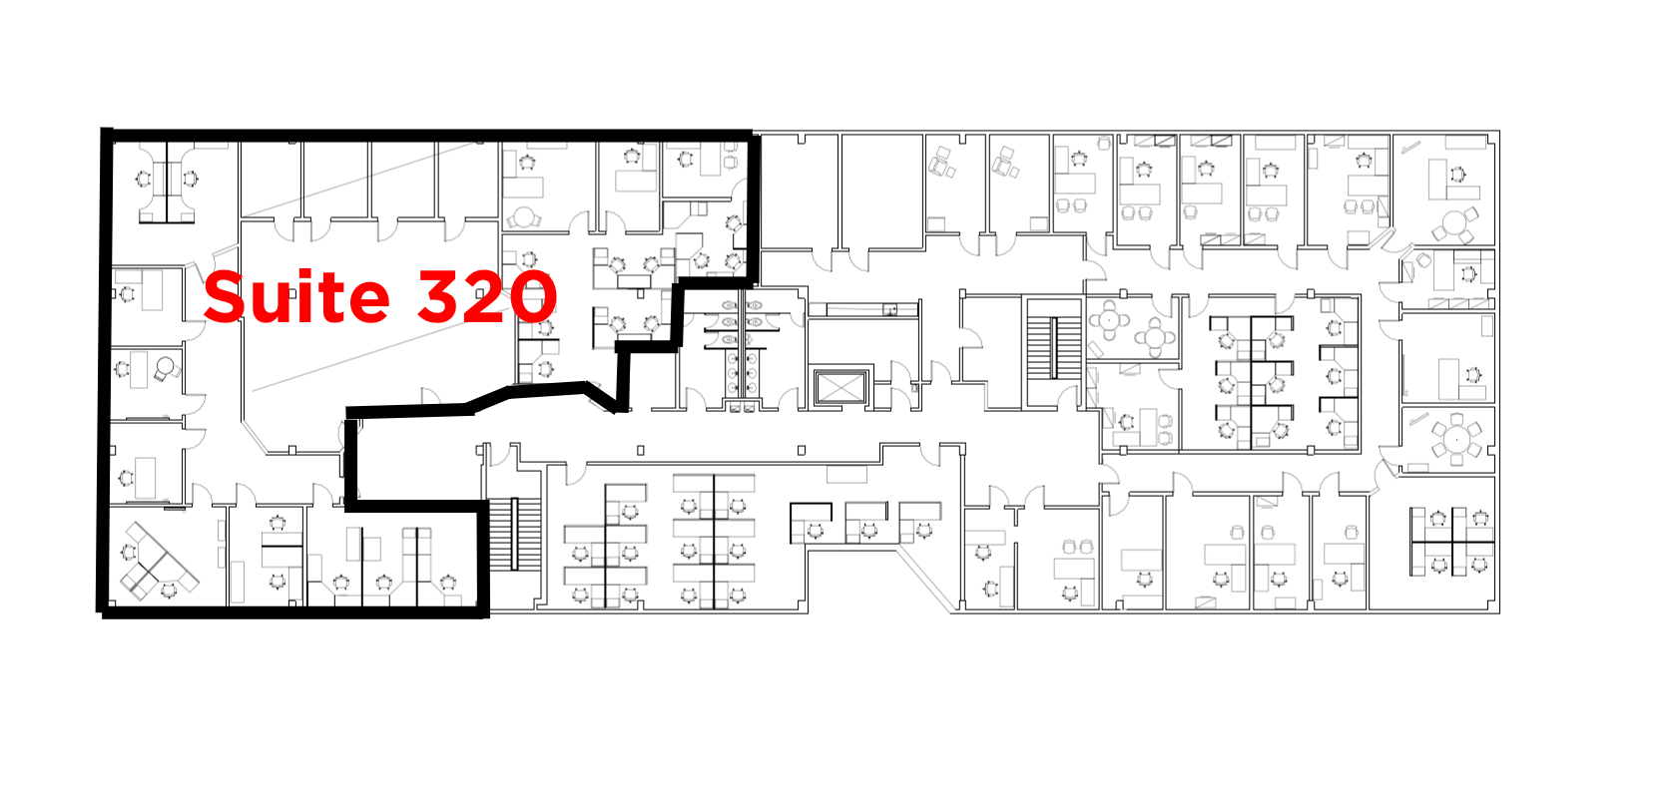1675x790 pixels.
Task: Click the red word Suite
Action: tap(296, 296)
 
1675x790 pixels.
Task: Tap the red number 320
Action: tap(487, 296)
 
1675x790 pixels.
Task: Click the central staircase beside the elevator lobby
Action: tap(1053, 347)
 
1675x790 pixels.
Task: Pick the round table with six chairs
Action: tap(1456, 440)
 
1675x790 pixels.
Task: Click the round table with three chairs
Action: tap(1456, 223)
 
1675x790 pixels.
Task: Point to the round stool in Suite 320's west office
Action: tap(166, 365)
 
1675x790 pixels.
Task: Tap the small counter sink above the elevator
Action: tap(889, 310)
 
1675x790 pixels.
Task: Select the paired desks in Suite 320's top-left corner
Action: tap(167, 183)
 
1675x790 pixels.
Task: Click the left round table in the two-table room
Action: tap(1109, 320)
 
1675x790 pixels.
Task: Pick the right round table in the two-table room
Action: tap(1155, 338)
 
